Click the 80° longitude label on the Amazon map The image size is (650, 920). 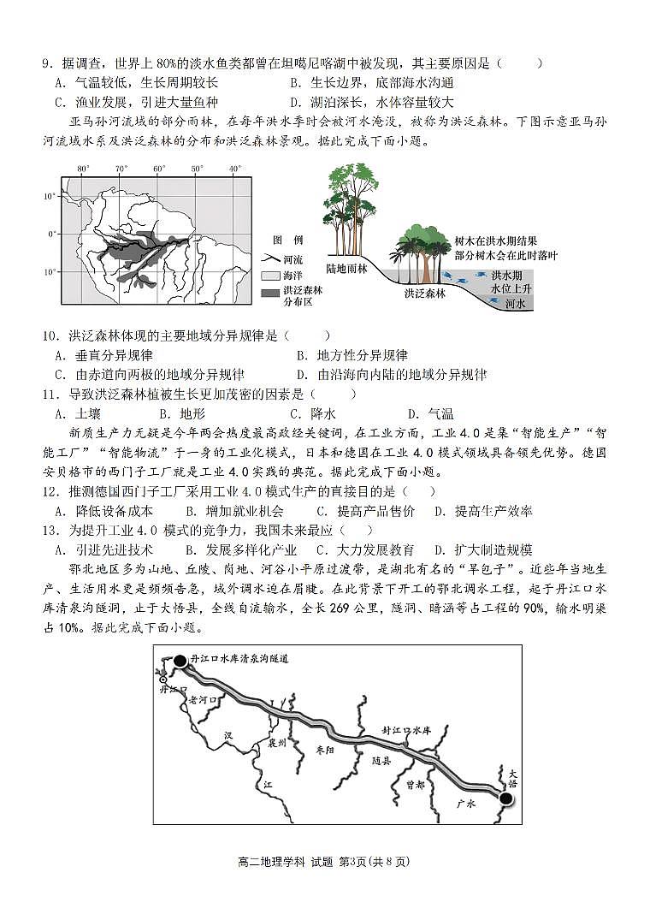coord(83,169)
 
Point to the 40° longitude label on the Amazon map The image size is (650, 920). coord(233,169)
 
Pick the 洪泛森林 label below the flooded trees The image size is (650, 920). coord(425,293)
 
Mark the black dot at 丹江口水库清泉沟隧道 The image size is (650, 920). coord(180,661)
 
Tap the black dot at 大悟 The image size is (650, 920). coord(505,798)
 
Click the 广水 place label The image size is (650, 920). coord(465,804)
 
